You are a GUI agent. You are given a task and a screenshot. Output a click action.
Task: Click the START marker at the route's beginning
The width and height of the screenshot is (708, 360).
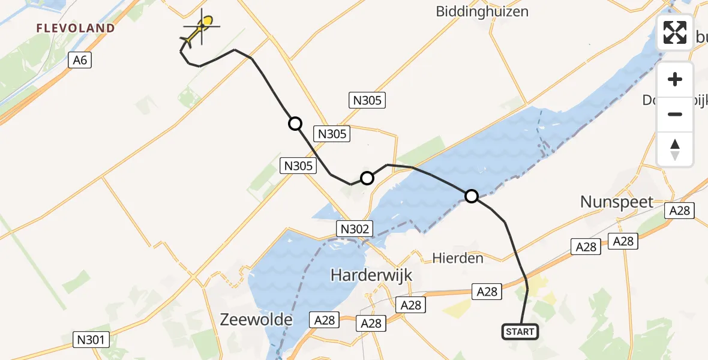point(520,331)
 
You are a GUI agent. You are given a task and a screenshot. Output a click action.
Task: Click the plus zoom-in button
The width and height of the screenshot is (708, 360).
point(675,79)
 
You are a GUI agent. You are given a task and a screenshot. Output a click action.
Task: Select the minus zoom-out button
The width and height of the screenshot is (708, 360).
point(675,114)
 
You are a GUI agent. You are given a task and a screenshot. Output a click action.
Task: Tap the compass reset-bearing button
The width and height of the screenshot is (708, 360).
point(675,149)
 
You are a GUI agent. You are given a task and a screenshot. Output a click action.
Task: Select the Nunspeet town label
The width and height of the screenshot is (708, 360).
point(617,202)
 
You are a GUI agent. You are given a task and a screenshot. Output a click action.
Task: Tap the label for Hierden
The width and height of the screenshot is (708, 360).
point(458,259)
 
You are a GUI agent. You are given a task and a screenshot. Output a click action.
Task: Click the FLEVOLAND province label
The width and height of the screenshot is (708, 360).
point(76,28)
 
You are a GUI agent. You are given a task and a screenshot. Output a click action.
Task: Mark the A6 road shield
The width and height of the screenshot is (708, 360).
point(80,60)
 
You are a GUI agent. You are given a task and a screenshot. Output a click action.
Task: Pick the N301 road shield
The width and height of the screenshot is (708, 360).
point(92,340)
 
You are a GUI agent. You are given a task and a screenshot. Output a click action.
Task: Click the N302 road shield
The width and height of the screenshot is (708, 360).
point(356,229)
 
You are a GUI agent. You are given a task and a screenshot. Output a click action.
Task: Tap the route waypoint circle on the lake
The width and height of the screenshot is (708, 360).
point(472,196)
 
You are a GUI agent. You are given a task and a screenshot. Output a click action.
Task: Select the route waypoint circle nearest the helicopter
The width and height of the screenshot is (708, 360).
point(295,124)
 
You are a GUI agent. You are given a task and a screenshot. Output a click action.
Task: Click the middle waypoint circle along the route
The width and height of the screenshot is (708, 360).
point(367,178)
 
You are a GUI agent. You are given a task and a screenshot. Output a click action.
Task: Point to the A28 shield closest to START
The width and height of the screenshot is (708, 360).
point(486,291)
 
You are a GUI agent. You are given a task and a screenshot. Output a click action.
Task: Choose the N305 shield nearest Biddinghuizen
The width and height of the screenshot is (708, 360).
point(367,100)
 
